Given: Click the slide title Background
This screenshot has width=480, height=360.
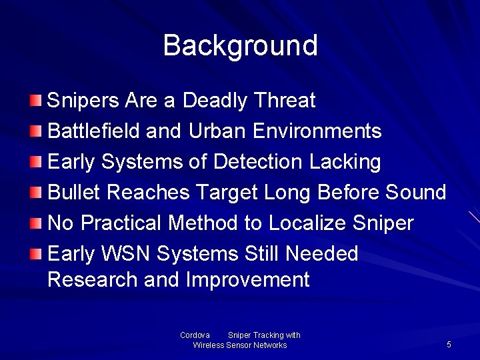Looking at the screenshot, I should tap(240, 45).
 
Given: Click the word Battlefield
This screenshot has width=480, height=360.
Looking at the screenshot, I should tap(94, 131).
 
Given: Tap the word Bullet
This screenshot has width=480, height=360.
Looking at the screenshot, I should tap(74, 193).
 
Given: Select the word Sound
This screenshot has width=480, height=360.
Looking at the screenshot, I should tap(416, 193).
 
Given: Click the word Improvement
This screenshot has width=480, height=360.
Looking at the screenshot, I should tap(248, 280).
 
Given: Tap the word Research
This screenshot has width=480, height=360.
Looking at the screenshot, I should tap(93, 280).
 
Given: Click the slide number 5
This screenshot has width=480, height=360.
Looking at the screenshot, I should tap(449, 345).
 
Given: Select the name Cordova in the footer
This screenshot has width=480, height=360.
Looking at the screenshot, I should tap(195, 335).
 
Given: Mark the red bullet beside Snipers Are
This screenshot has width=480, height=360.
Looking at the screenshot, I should tap(36, 101).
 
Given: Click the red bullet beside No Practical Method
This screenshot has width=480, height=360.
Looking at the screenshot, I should tap(36, 223).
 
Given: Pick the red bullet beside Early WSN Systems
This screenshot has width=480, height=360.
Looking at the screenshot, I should tap(36, 253).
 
